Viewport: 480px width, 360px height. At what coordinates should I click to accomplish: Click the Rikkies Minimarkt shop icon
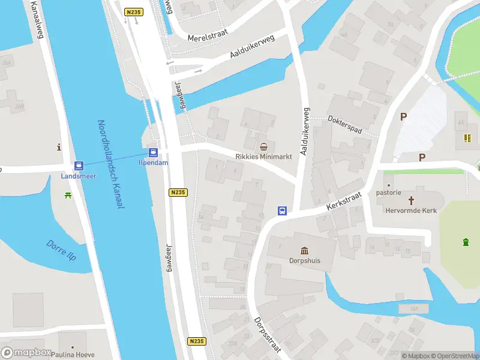(x=264, y=146)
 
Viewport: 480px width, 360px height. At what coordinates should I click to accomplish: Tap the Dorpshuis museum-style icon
(x=304, y=250)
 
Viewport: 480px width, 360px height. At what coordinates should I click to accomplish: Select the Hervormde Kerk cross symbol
(x=412, y=200)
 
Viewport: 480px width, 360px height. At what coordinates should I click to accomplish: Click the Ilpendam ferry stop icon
(x=153, y=152)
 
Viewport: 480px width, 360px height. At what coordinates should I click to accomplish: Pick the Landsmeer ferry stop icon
(x=79, y=166)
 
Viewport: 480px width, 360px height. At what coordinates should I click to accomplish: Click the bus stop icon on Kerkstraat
(x=281, y=211)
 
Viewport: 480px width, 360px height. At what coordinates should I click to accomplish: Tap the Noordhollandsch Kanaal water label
(x=110, y=164)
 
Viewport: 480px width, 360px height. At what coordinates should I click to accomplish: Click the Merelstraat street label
(x=205, y=37)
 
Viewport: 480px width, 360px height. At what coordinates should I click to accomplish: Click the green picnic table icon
(x=68, y=195)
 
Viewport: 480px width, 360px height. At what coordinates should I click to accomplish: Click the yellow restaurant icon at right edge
(x=467, y=139)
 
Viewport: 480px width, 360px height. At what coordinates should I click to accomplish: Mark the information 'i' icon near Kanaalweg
(x=59, y=147)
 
